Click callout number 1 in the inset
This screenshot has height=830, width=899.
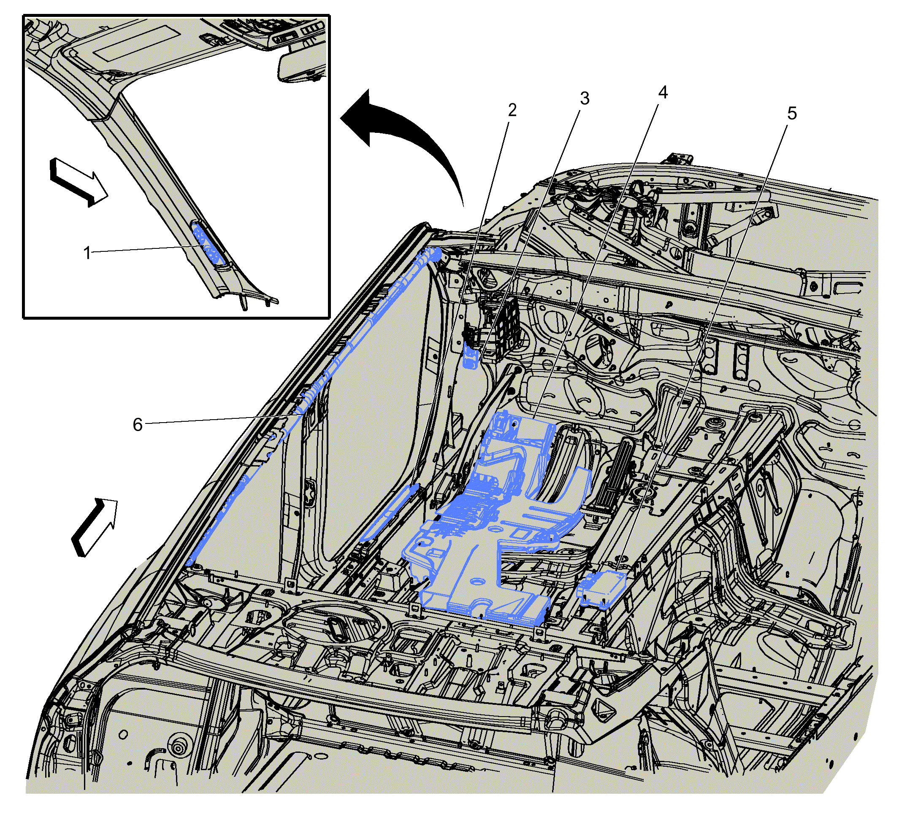(x=87, y=253)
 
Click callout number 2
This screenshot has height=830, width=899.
(x=512, y=110)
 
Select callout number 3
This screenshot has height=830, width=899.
(x=584, y=98)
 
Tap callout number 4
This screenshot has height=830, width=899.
(x=663, y=92)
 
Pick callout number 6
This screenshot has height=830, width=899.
(x=138, y=424)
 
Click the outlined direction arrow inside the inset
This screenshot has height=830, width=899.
(x=79, y=182)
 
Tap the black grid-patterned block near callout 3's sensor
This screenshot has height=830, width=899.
(x=505, y=330)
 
